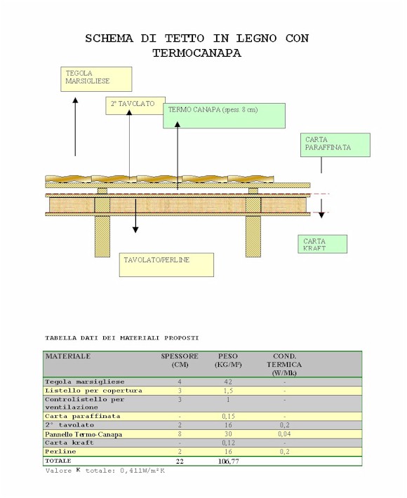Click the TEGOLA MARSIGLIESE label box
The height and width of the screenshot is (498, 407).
pos(96,79)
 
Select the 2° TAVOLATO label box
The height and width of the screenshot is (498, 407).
pos(135,106)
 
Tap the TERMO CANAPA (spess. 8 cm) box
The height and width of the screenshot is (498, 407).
pos(224,116)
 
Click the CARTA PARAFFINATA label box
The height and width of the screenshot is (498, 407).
pos(335,144)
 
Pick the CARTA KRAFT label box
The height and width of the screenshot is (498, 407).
pos(323,244)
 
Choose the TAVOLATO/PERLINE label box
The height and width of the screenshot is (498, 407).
pos(166,264)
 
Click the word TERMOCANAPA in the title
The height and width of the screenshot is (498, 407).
pos(196,53)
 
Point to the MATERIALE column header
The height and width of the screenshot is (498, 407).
pos(68,356)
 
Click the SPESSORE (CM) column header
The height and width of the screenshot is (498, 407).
pos(180,360)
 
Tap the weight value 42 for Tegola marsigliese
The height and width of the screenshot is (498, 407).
pos(228,382)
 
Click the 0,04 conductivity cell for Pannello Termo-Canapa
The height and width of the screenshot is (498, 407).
pos(284,434)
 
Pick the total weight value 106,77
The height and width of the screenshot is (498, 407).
pos(229,461)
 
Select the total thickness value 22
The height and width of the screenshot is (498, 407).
pos(180,461)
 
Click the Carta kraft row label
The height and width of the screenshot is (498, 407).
pos(69,443)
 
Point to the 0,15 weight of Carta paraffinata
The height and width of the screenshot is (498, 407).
pos(228,416)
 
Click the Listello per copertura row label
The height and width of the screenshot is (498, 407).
pos(93,391)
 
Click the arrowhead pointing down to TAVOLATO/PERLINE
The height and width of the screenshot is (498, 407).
pos(135,229)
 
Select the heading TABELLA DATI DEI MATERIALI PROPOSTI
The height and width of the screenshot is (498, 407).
pos(122,338)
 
